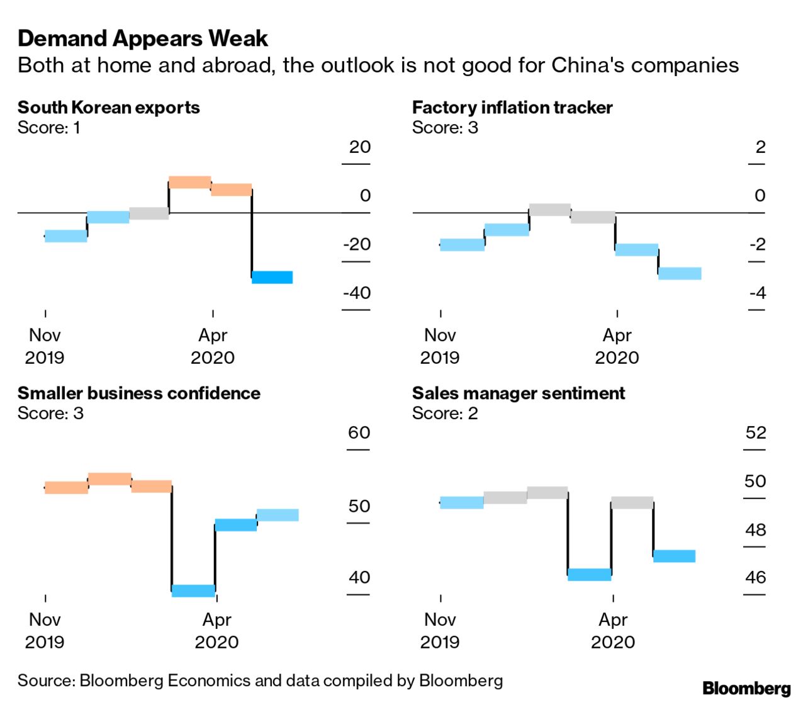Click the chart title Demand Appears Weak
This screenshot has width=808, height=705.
(x=143, y=39)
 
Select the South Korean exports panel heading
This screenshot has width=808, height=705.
(x=108, y=108)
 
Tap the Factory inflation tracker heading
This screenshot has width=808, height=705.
(x=512, y=108)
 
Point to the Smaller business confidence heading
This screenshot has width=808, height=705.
(x=138, y=393)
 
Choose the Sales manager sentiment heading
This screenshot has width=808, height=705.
(x=518, y=393)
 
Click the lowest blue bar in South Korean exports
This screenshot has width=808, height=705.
(x=272, y=277)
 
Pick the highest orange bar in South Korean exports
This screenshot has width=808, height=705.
(x=189, y=182)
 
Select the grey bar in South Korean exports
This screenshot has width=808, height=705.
(x=149, y=213)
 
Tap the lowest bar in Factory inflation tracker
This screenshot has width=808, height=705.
(x=680, y=273)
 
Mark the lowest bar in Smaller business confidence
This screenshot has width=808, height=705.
(x=193, y=590)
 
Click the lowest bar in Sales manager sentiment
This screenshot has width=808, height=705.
(x=589, y=574)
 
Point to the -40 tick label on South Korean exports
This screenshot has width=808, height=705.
(x=357, y=293)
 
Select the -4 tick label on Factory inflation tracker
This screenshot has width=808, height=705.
(x=758, y=293)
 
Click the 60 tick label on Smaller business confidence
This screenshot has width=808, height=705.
(x=359, y=433)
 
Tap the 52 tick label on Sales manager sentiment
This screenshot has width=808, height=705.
(x=755, y=433)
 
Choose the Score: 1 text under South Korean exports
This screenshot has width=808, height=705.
(x=48, y=128)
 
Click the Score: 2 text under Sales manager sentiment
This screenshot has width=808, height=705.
(x=445, y=414)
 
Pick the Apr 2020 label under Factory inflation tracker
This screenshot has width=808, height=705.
(x=617, y=346)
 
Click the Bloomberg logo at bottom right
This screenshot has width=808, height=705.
(x=746, y=688)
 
